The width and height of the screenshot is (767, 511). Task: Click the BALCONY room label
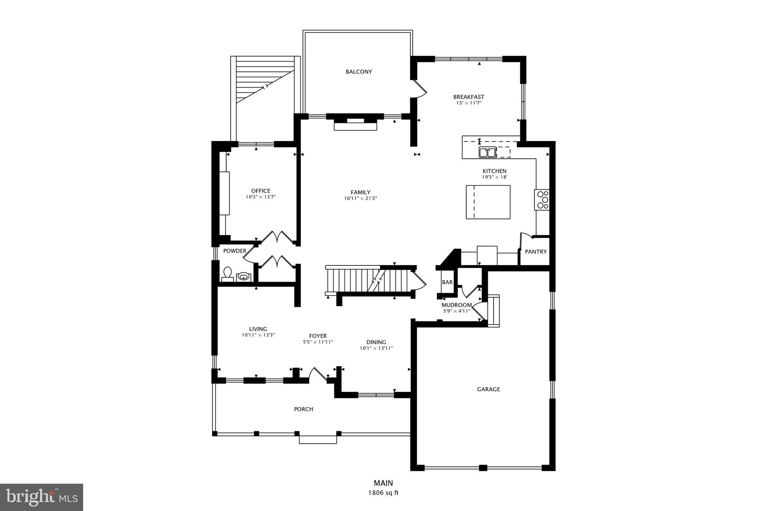(359, 72)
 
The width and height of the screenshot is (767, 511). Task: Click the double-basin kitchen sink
(487, 152)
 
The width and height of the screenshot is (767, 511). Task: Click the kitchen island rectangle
(488, 202)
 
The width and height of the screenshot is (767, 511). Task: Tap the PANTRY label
(536, 252)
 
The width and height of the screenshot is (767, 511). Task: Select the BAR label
(447, 282)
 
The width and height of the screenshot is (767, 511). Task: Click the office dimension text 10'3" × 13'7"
(261, 197)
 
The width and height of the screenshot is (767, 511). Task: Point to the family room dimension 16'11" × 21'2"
(360, 198)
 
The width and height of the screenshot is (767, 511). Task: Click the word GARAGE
(488, 389)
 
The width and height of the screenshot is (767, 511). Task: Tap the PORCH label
(303, 409)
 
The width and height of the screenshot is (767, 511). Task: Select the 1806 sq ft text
(383, 493)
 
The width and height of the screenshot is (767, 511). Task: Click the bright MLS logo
(42, 497)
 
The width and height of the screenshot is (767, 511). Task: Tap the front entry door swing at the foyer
(319, 374)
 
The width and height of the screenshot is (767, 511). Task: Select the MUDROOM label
(457, 305)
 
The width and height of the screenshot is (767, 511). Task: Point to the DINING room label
(376, 342)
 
